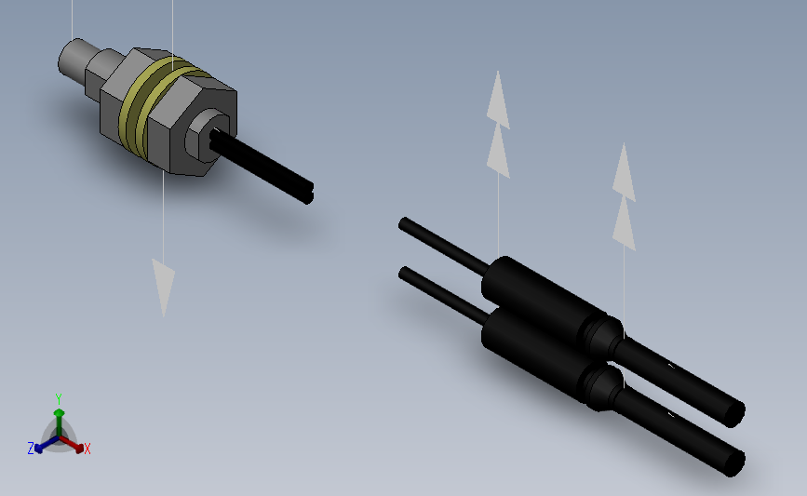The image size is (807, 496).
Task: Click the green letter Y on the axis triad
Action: (x=59, y=398)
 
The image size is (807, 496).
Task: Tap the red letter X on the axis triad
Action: (x=87, y=449)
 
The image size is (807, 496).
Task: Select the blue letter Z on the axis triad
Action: (x=31, y=449)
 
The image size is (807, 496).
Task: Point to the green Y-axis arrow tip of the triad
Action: (x=59, y=410)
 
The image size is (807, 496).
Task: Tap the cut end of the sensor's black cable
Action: (x=309, y=193)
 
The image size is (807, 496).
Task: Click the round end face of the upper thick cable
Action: (x=733, y=411)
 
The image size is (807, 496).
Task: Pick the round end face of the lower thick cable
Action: (x=733, y=462)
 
